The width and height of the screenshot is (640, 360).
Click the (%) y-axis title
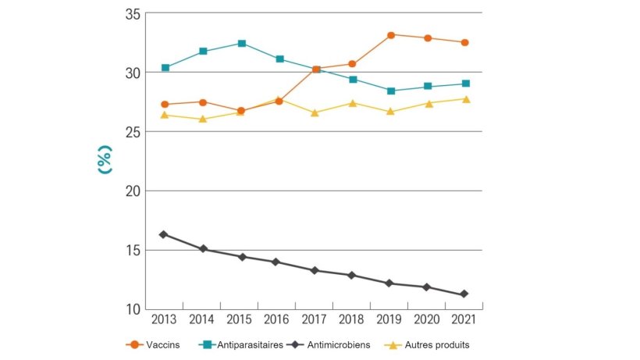tap(105, 159)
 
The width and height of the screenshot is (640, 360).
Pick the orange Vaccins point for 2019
tap(390, 35)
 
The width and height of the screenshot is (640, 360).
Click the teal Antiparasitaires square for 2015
tap(241, 44)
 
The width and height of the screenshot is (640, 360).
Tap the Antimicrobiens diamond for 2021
tap(465, 294)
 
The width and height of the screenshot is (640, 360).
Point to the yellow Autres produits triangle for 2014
tap(203, 119)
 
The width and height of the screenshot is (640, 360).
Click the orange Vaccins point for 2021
tap(465, 42)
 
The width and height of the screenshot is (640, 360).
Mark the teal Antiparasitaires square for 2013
tap(165, 68)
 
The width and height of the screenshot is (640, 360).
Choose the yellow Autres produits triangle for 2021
tap(465, 99)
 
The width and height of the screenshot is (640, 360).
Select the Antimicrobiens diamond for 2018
tap(352, 275)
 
